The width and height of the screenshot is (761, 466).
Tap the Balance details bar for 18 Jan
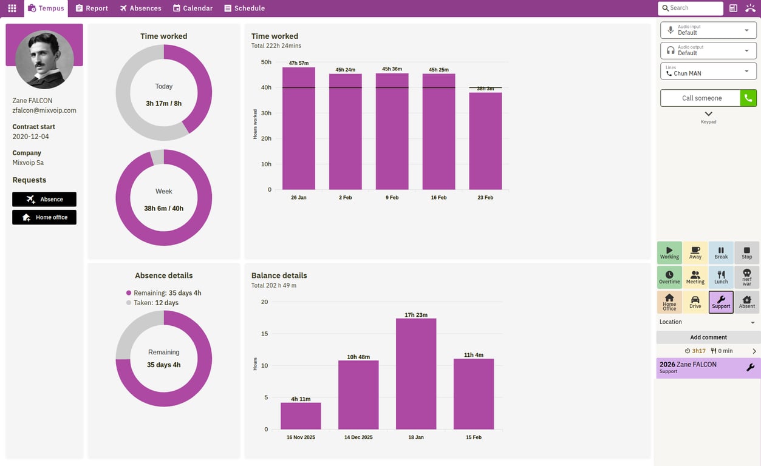(416, 374)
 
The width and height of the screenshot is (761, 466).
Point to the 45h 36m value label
(392, 69)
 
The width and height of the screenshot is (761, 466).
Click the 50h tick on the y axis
(265, 62)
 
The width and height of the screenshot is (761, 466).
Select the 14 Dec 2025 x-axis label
(358, 437)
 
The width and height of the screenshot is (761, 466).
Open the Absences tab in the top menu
(140, 8)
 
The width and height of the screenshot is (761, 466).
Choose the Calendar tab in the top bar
(193, 8)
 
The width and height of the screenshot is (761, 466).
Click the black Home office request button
(44, 217)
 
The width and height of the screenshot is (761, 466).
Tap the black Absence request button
(44, 199)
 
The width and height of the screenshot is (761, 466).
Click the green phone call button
(748, 98)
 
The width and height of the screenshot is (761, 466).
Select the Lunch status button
(721, 277)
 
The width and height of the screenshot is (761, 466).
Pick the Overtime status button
(669, 277)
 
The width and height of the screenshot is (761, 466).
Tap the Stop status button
(746, 252)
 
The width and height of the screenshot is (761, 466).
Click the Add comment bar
(708, 337)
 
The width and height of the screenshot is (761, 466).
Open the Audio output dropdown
(708, 50)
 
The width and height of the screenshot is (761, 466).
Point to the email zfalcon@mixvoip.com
(44, 110)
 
